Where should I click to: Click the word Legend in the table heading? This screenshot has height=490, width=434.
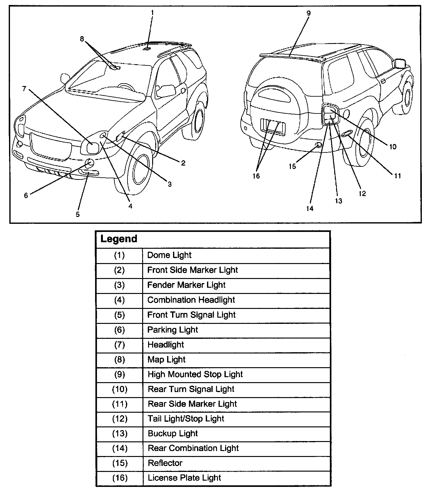click(x=119, y=239)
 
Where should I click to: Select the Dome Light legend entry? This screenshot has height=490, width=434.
click(x=169, y=255)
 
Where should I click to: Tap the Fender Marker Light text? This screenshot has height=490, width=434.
click(x=186, y=285)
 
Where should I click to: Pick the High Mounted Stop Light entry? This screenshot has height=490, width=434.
click(x=195, y=374)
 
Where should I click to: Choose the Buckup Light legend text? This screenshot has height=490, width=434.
click(x=173, y=434)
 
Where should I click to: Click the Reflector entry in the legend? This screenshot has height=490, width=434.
click(x=165, y=463)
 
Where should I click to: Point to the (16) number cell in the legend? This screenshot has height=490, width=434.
click(x=120, y=478)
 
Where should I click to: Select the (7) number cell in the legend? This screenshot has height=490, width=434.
click(x=120, y=345)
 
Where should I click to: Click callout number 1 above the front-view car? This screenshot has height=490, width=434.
click(x=152, y=13)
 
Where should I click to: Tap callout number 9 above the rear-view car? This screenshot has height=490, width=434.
click(x=308, y=13)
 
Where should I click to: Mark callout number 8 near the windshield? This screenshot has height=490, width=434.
click(x=82, y=39)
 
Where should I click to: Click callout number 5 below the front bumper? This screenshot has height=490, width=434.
click(x=78, y=214)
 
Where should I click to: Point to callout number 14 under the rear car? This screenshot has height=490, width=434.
click(x=310, y=209)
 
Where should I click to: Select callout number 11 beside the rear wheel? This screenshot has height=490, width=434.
click(x=397, y=176)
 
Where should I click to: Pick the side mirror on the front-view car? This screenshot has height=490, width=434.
click(x=166, y=91)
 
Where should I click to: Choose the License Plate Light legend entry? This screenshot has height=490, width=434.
click(x=184, y=478)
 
